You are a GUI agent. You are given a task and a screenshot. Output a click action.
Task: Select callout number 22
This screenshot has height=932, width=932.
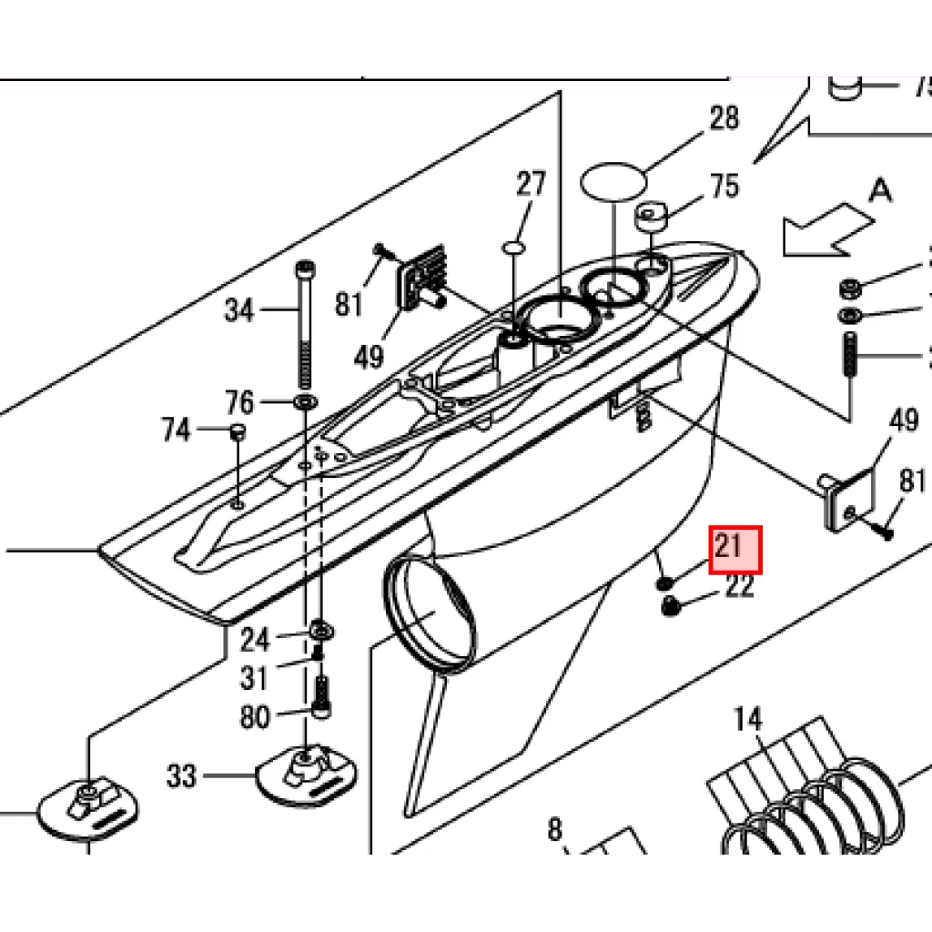740,587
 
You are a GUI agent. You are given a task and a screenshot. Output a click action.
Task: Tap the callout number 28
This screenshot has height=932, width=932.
724,118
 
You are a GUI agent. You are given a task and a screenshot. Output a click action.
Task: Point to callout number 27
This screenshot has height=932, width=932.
531,184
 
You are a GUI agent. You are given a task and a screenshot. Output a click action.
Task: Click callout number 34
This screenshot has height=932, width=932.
239,311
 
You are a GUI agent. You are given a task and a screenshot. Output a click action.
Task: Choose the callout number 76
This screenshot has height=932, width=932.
239,400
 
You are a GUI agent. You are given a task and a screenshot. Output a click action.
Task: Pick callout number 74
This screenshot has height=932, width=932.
176,429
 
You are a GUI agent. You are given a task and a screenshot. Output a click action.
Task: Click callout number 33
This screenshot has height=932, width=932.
182,776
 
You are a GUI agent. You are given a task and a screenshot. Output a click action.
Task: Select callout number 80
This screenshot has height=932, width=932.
255,717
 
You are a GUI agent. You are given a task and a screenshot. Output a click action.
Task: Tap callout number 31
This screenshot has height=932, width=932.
255,678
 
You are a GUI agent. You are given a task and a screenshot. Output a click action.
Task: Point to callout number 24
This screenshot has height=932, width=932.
255,640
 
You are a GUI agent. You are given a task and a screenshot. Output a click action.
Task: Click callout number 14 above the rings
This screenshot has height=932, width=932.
747,720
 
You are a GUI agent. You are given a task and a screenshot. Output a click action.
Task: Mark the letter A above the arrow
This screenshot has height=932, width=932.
879,190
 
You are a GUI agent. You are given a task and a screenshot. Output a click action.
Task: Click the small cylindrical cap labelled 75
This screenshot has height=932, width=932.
653,219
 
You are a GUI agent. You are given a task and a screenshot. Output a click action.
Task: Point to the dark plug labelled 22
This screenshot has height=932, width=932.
672,606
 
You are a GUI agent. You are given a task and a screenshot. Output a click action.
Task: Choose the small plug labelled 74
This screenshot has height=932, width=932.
237,431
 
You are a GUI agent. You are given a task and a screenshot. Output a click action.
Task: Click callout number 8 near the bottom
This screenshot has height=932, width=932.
555,829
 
